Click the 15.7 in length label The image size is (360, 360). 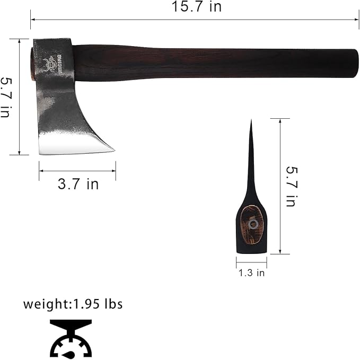(x=197, y=6)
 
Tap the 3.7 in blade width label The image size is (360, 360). (x=78, y=184)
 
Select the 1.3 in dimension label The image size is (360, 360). (x=252, y=273)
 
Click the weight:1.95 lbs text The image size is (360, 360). (x=73, y=304)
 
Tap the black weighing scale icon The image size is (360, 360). (x=71, y=338)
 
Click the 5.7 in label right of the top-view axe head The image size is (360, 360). (x=292, y=187)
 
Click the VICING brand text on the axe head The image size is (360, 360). (x=59, y=64)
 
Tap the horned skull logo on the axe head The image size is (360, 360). (x=49, y=65)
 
